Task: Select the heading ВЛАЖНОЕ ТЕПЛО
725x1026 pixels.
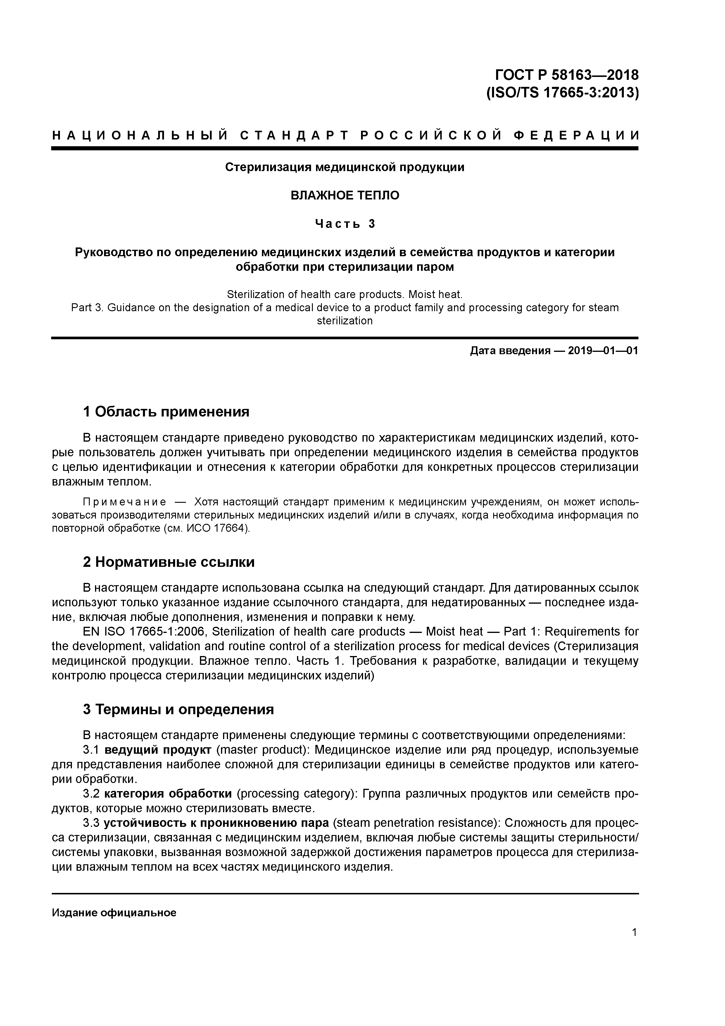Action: coord(345,195)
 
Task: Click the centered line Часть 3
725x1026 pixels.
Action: coord(345,223)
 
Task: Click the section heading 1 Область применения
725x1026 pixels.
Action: coord(166,412)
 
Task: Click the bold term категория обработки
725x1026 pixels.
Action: coord(168,794)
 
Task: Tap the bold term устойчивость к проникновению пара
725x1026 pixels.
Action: coord(216,823)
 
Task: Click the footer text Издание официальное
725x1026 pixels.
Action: coord(114,913)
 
